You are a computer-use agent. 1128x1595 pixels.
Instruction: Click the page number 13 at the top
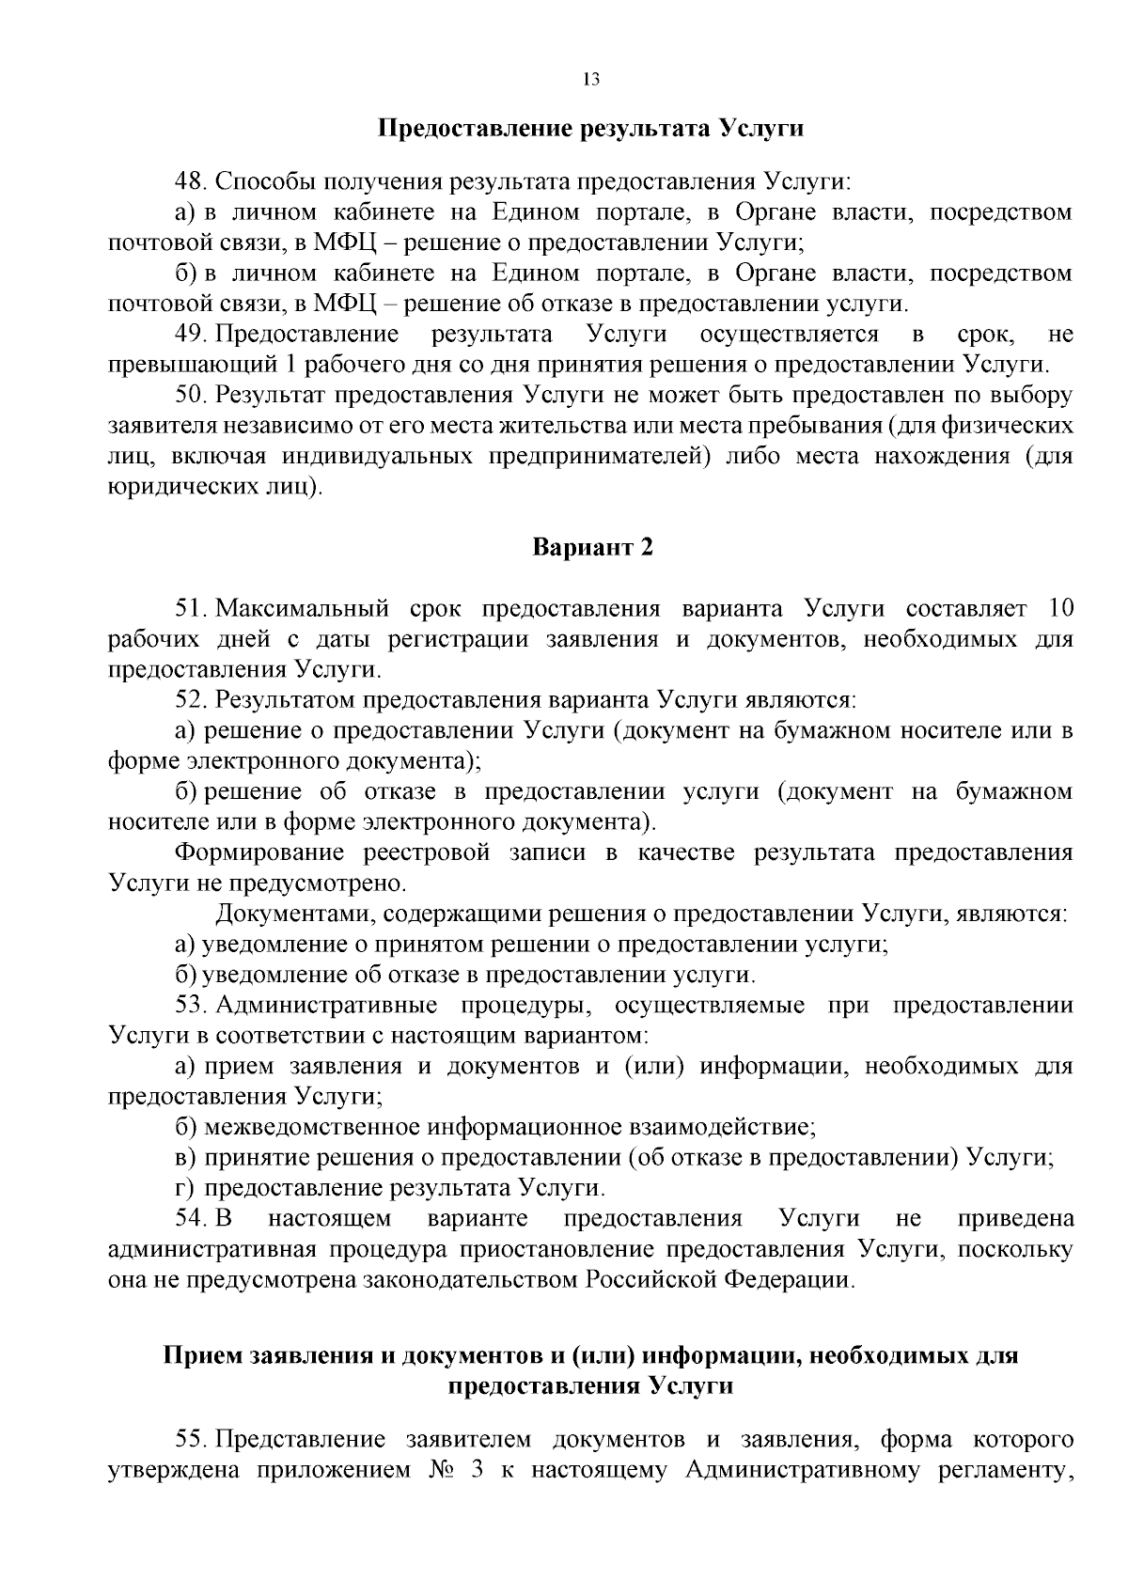tap(590, 79)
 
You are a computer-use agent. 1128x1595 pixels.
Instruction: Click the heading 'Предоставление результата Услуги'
tap(590, 128)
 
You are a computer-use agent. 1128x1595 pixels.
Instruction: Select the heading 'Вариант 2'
tap(591, 547)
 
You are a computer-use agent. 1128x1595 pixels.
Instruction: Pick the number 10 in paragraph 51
tap(1058, 608)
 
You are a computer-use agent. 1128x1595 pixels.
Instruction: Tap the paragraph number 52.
tap(191, 700)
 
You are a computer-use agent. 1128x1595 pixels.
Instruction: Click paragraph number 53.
tap(191, 1005)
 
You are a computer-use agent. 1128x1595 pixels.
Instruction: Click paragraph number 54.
tap(191, 1219)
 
